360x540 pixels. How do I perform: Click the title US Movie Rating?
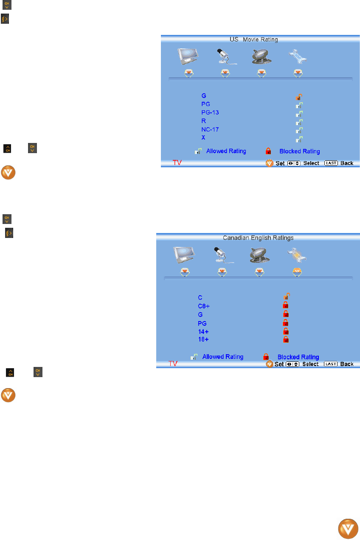click(x=254, y=39)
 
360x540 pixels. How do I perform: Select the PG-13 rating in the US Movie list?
click(x=210, y=112)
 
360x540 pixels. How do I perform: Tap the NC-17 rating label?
click(x=210, y=129)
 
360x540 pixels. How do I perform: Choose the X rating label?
click(x=204, y=138)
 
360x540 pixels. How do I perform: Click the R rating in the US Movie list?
click(x=204, y=121)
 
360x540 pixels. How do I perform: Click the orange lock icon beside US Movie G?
click(x=299, y=97)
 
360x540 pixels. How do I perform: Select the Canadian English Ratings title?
click(x=258, y=238)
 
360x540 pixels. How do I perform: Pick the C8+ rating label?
click(x=204, y=306)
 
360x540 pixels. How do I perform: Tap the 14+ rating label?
click(x=203, y=331)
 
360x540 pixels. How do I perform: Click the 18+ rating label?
click(x=203, y=340)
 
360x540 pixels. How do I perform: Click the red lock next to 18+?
click(x=286, y=339)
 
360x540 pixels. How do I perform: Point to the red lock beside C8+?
click(x=286, y=305)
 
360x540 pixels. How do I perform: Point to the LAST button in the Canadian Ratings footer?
click(x=331, y=364)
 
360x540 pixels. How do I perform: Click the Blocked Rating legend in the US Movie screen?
click(x=299, y=151)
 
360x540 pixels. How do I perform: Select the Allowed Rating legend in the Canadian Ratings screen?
click(x=222, y=357)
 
